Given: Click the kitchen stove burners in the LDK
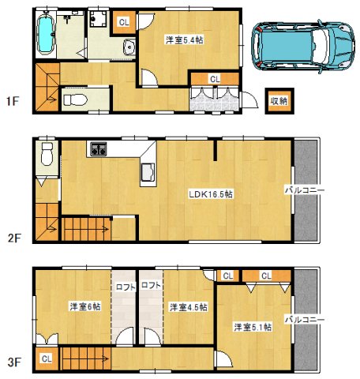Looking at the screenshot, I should click(99, 148).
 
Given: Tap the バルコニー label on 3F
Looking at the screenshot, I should click(304, 319).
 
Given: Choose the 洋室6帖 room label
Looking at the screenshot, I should click(83, 306).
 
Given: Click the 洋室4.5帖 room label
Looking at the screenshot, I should click(187, 306).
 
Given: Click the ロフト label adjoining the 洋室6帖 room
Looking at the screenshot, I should click(124, 286).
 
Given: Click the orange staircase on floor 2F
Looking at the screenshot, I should click(87, 229).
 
